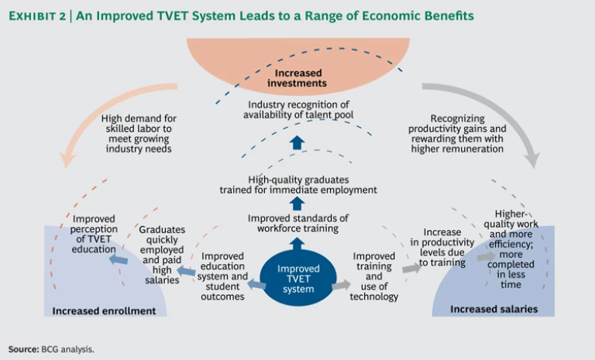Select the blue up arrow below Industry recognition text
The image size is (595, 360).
point(297,142)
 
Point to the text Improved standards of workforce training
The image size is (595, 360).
point(297,222)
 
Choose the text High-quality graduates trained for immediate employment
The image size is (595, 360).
point(297,183)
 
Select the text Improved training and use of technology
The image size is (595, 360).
point(375,276)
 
